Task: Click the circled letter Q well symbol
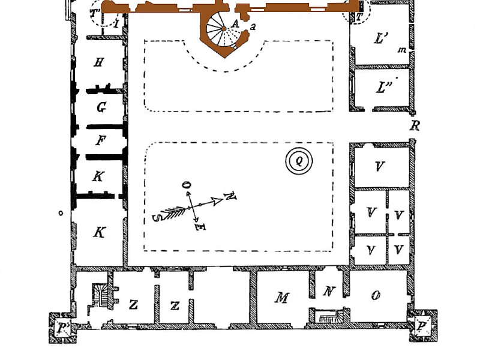tap(299, 161)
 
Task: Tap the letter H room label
tap(98, 63)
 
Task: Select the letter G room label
tap(101, 107)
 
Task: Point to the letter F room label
tap(100, 140)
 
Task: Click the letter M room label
tap(281, 297)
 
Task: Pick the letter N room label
tap(329, 291)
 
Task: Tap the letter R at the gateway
tap(415, 125)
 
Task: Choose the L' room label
tap(381, 38)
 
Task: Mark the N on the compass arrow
tap(230, 196)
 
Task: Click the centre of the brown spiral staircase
tap(224, 29)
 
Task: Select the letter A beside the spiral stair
tap(235, 23)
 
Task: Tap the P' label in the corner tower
tap(64, 328)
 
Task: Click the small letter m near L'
tap(402, 50)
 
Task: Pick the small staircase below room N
tap(329, 316)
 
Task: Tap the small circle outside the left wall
tap(61, 213)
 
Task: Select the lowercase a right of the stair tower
tap(253, 27)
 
